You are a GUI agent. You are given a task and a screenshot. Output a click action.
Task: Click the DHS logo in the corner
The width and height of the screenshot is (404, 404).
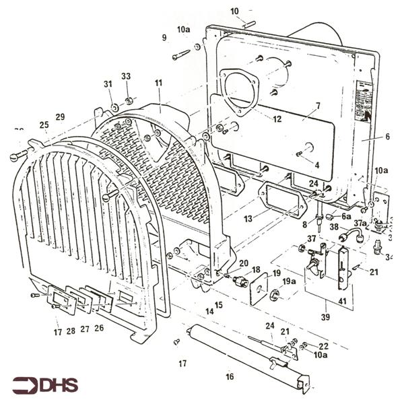click(44, 385)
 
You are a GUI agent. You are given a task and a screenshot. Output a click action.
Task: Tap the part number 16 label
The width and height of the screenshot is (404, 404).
click(230, 376)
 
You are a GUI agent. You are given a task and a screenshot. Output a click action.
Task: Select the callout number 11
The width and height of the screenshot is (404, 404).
click(158, 83)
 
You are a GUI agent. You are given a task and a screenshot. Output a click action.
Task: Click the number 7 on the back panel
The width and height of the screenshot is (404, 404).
click(318, 106)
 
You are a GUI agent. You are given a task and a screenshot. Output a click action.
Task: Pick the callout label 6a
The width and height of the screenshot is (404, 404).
click(346, 217)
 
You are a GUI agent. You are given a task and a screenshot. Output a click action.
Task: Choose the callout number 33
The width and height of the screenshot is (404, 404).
click(125, 76)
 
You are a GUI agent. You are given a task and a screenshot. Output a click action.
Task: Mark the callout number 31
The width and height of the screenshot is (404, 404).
click(108, 83)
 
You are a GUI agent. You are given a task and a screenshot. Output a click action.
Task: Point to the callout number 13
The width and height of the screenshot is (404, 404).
click(248, 219)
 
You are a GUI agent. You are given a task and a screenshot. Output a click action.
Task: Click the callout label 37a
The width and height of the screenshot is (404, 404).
click(360, 223)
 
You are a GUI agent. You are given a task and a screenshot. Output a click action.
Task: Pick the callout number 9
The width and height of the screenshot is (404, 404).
click(163, 38)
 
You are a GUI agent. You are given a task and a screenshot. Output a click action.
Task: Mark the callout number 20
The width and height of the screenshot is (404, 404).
click(243, 263)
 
